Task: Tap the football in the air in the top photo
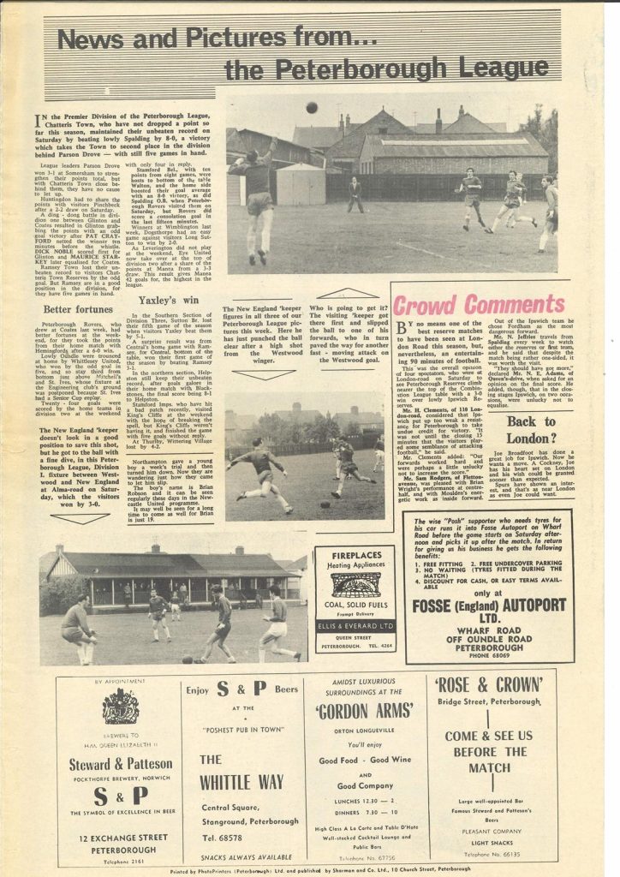pyautogui.click(x=311, y=108)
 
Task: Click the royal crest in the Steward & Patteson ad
pyautogui.click(x=120, y=707)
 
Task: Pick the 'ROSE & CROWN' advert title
pyautogui.click(x=488, y=685)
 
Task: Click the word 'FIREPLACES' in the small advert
pyautogui.click(x=355, y=554)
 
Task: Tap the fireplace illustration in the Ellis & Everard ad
pyautogui.click(x=355, y=586)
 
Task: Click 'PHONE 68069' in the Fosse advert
pyautogui.click(x=489, y=653)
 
